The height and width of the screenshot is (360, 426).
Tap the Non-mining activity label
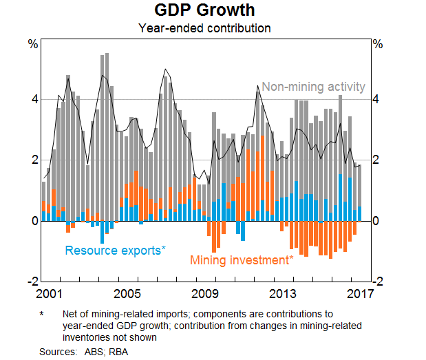pos(313,87)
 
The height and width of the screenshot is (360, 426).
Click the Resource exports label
pos(115,251)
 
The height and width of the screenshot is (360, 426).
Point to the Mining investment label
pos(242,260)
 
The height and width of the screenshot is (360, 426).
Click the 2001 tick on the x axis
pos(54,294)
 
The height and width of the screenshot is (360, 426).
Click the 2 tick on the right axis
pos(376,160)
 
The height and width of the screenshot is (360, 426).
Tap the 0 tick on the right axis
pos(376,221)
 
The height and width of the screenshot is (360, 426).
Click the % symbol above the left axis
pos(32,45)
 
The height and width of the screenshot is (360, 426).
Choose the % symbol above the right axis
pos(377,45)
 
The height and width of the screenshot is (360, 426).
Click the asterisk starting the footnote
pos(42,313)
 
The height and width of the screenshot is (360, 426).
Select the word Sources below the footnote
pos(56,351)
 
